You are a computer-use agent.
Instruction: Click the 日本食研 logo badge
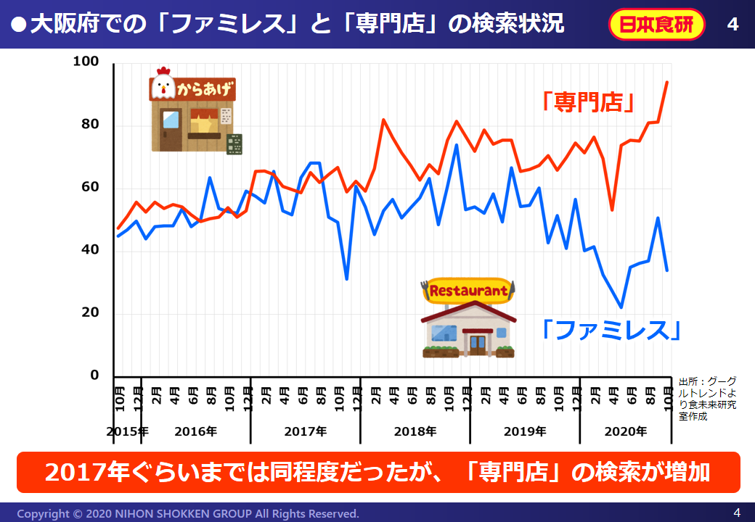point(656,25)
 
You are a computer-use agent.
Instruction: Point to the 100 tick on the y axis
point(86,62)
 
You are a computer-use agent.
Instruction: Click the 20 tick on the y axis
point(90,313)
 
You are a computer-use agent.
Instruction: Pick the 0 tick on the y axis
point(94,376)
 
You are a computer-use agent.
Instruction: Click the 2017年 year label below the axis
point(305,431)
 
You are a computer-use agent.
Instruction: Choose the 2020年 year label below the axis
point(626,431)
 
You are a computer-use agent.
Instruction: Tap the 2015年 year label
point(128,431)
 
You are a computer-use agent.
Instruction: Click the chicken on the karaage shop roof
point(162,83)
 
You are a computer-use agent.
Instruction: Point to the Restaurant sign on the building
point(469,291)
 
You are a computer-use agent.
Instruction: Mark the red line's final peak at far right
point(666,83)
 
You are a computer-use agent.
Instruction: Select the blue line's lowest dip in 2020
point(621,307)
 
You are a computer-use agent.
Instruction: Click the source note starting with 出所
point(707,399)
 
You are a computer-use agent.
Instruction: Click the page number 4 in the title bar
point(732,25)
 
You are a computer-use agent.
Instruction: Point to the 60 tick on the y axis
point(90,188)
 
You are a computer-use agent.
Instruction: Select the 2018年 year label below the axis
point(415,431)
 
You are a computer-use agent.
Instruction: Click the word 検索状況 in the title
point(517,24)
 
